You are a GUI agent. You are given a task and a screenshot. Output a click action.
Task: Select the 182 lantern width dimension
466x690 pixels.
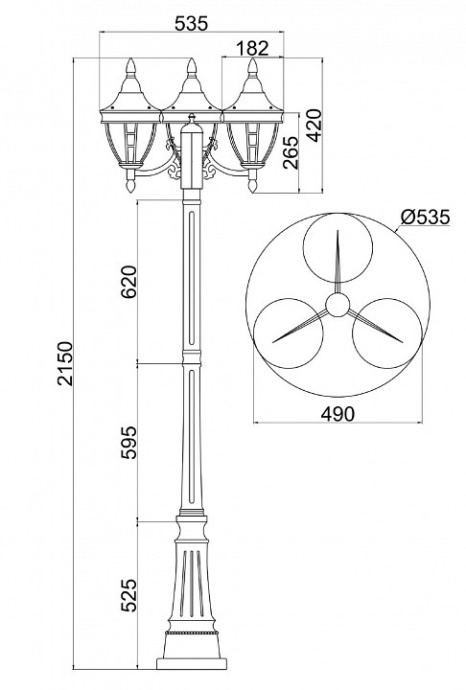pyautogui.click(x=254, y=47)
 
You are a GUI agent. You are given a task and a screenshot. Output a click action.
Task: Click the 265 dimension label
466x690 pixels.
pyautogui.click(x=291, y=152)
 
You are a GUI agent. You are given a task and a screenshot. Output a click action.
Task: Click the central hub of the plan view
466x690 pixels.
pyautogui.click(x=338, y=304)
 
